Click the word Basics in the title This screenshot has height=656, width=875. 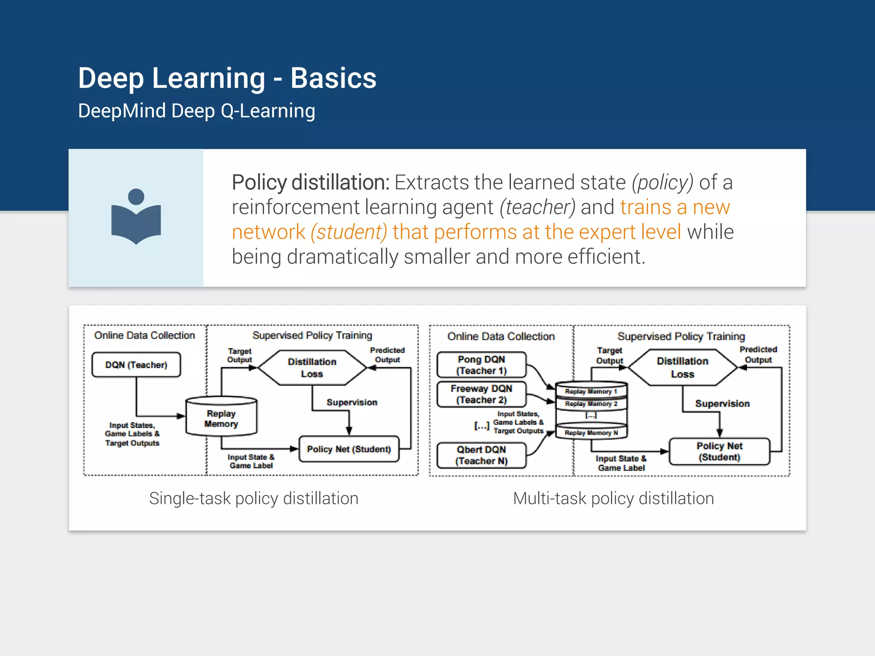[x=333, y=78]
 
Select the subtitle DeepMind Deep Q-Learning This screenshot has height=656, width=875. [x=197, y=111]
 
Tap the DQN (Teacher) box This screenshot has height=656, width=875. [x=136, y=365]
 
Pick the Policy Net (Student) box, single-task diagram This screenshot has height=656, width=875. [x=349, y=449]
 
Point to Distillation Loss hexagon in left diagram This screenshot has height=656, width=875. [x=312, y=368]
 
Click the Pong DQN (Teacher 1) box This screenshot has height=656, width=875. [x=481, y=365]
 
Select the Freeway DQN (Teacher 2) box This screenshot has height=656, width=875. [x=481, y=394]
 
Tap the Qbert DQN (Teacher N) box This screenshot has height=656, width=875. [x=481, y=455]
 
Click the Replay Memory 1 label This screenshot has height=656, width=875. [x=591, y=391]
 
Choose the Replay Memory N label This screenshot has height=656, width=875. [x=591, y=433]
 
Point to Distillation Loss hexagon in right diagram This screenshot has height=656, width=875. [x=682, y=367]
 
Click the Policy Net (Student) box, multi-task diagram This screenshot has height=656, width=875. [x=719, y=451]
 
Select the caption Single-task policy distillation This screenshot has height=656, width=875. [x=253, y=498]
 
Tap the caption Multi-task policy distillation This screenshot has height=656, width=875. [x=614, y=498]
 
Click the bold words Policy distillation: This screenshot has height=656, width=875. [x=310, y=182]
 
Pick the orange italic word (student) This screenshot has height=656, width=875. [x=349, y=232]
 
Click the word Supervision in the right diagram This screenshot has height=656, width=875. [x=722, y=404]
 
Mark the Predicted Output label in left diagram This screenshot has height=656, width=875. [x=387, y=355]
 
